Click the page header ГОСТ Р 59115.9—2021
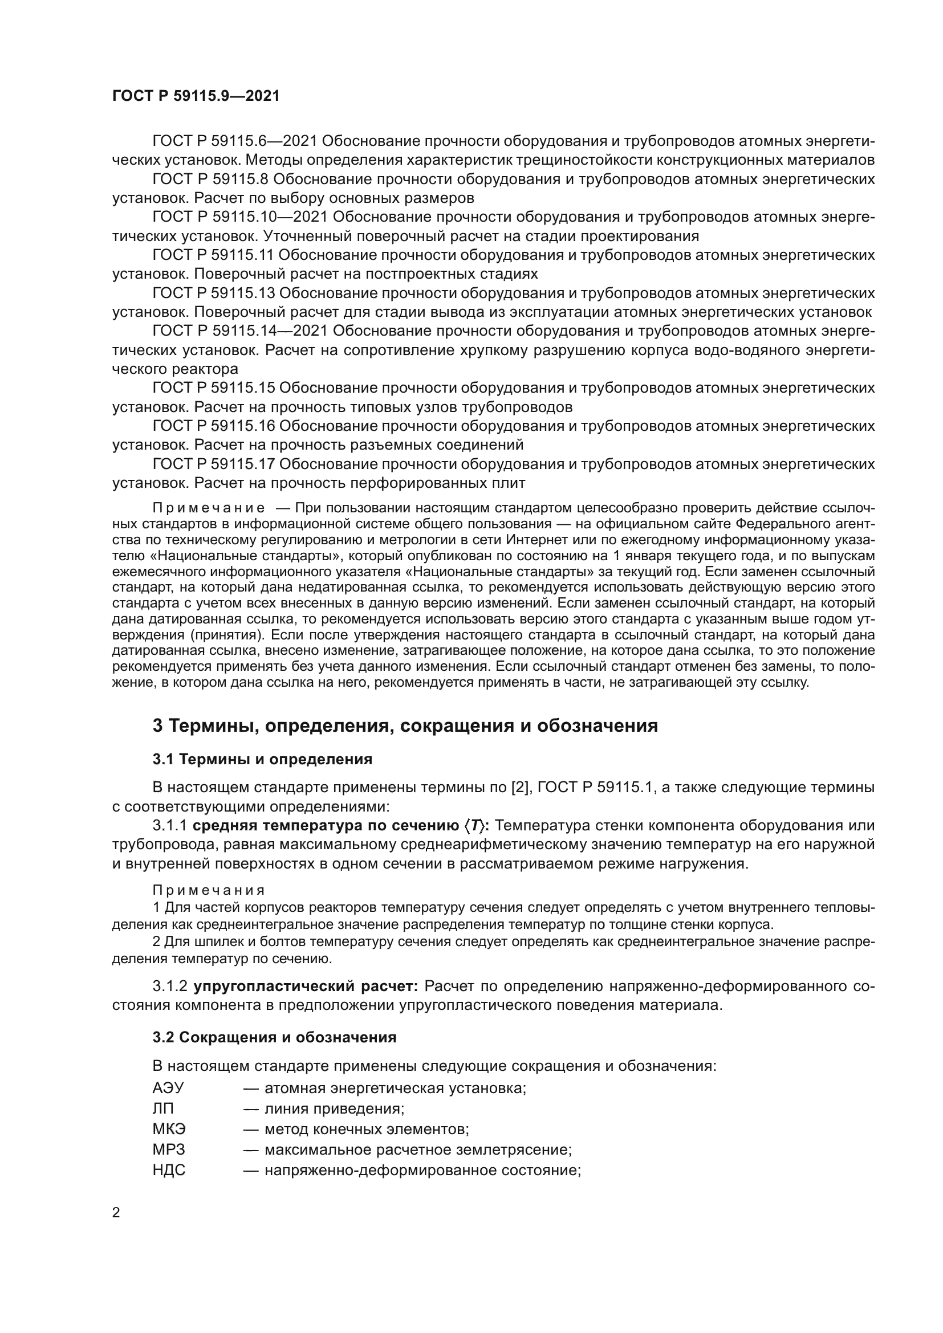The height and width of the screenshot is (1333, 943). (196, 96)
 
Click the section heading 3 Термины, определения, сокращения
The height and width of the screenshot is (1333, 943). (405, 725)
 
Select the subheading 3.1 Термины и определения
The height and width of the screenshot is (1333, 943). (262, 759)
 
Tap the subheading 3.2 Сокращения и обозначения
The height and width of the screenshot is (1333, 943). (274, 1037)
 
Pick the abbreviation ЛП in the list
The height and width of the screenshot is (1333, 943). (163, 1108)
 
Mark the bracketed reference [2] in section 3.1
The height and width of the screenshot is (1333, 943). (518, 787)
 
